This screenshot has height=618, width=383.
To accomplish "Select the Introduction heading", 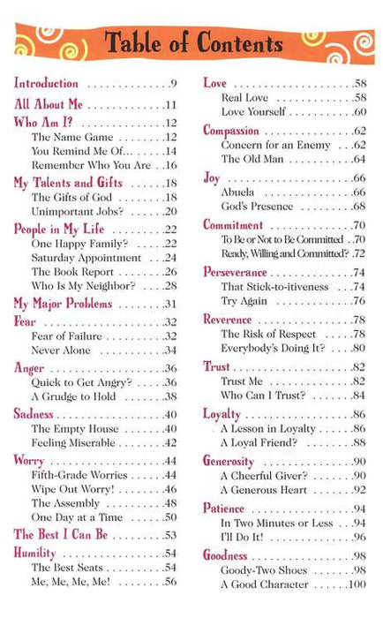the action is (x=47, y=84).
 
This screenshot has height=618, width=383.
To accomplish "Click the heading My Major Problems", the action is (x=63, y=303).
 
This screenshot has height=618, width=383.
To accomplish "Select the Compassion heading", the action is (x=231, y=130).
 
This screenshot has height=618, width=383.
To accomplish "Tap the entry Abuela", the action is (x=240, y=192).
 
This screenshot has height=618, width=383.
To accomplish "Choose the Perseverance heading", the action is (x=235, y=272).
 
